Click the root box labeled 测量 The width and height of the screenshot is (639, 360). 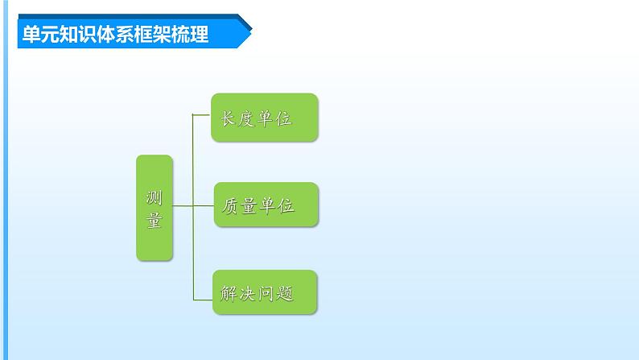click(155, 208)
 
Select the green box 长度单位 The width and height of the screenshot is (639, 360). click(265, 118)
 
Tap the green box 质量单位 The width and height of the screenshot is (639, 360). click(266, 205)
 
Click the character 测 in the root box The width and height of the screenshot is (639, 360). click(155, 197)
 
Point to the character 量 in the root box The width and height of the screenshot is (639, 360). click(155, 220)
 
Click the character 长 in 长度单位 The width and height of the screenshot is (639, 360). click(225, 119)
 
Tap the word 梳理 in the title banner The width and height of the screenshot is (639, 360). click(193, 35)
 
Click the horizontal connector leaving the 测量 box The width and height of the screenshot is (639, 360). click(183, 205)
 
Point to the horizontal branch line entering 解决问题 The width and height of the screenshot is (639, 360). click(202, 299)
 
